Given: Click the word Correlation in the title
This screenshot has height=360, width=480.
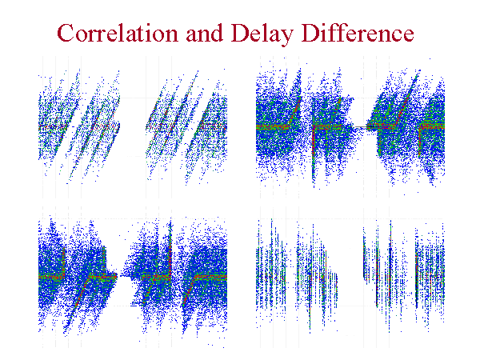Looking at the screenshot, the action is (118, 33).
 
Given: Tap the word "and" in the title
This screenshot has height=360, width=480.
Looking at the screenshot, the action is (204, 33).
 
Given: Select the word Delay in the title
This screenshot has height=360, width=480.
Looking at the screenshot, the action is (262, 34).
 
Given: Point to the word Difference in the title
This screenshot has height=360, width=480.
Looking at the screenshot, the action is (358, 33).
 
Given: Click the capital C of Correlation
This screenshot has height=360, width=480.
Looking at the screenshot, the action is (66, 33).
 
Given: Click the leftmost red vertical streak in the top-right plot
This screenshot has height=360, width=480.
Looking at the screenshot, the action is (313, 153).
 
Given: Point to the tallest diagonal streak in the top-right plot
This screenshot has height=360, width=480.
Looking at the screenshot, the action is (408, 98).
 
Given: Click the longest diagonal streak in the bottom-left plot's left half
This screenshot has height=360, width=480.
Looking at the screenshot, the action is (77, 303).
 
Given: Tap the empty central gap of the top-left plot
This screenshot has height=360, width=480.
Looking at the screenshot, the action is (133, 129).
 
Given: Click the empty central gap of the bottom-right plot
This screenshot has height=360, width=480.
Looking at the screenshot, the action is (350, 275).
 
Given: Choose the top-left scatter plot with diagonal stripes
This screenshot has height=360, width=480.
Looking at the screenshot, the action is (133, 126).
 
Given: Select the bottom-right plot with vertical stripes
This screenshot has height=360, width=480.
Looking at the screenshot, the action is (350, 275).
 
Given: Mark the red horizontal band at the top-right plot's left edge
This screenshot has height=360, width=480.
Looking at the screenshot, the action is (273, 126).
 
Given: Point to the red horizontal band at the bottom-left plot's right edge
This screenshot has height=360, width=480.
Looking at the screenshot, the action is (210, 277).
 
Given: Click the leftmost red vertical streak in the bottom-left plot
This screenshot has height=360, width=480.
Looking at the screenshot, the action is (64, 262).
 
